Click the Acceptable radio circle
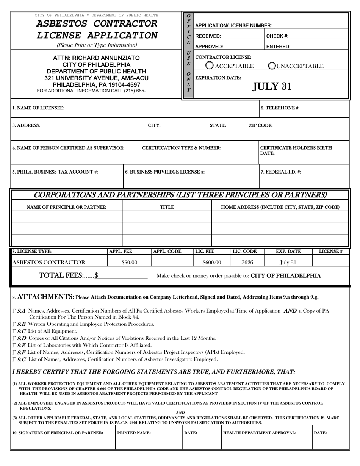click(209, 66)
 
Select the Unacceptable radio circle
click(272, 66)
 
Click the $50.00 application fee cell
click(129, 262)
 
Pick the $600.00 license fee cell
click(211, 262)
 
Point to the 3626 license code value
click(247, 262)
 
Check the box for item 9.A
click(14, 311)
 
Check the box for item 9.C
click(14, 331)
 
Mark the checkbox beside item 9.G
click(14, 359)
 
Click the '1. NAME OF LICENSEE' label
click(38, 108)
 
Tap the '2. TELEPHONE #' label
click(280, 108)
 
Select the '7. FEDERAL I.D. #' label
click(281, 172)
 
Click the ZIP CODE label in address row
click(260, 125)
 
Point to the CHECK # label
click(278, 36)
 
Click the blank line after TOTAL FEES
click(123, 277)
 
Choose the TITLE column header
click(167, 207)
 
